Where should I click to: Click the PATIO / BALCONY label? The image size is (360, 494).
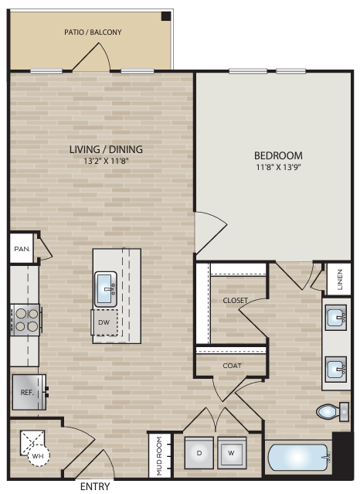pos(93,32)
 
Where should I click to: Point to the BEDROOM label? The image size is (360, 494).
pos(278,155)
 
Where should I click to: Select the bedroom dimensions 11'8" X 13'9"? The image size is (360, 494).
pos(279,167)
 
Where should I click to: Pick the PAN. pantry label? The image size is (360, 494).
pos(21,250)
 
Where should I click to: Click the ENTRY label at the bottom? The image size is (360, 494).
pos(95,487)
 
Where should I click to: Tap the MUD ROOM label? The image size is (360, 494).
pos(158,455)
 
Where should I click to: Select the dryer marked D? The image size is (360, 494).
pos(200,452)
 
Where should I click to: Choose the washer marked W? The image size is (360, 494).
pos(231,452)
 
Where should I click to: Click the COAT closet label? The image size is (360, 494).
pos(233,366)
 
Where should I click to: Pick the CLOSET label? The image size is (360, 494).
pos(236,300)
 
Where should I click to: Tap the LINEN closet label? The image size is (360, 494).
pos(340,279)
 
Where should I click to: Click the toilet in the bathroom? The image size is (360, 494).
pos(331,411)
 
